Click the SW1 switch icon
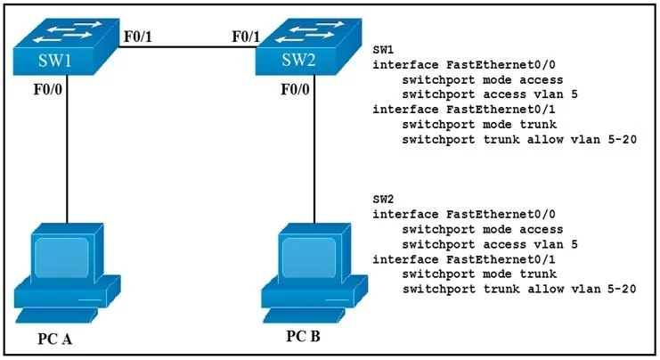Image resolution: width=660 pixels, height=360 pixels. [65, 46]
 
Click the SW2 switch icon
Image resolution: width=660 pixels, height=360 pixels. [308, 46]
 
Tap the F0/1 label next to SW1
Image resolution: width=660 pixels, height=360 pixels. [138, 37]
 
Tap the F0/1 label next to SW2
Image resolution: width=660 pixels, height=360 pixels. [246, 37]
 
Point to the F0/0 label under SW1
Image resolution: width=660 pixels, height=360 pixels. [47, 89]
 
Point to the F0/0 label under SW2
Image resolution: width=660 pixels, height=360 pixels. [295, 89]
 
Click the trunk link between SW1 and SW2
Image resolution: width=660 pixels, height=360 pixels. [187, 46]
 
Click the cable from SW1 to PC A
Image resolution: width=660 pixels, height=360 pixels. [67, 149]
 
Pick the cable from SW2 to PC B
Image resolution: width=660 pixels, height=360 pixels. [314, 149]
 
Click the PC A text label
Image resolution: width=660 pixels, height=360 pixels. [54, 339]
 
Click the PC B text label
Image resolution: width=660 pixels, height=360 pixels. [303, 336]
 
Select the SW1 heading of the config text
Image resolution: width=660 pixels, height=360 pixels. [383, 50]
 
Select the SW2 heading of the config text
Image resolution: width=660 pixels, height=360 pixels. [383, 199]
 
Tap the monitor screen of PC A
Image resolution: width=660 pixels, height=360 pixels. [61, 258]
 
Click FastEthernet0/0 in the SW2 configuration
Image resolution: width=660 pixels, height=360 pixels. [501, 214]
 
